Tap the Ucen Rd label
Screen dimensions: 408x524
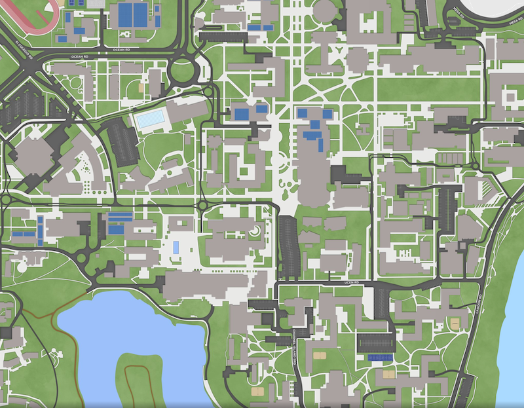352,283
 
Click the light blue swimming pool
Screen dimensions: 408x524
149,119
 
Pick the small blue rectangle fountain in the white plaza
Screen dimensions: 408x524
176,248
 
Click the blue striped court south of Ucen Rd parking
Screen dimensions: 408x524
380,358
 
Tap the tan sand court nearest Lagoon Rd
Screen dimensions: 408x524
453,324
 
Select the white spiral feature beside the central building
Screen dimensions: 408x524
254,231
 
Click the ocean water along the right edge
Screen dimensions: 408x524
514,314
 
